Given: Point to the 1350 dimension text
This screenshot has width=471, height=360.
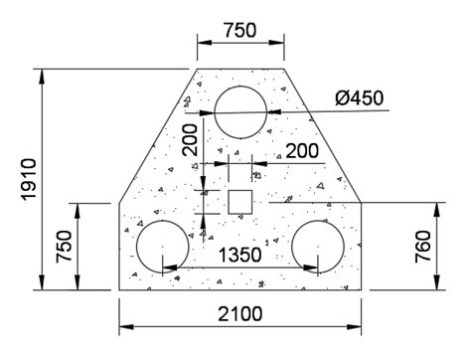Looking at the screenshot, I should (239, 255).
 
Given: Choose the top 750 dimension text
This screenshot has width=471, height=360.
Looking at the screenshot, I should (239, 30).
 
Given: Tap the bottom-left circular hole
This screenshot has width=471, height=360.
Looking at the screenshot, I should (162, 246).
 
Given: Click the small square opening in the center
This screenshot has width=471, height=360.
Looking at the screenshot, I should (239, 202).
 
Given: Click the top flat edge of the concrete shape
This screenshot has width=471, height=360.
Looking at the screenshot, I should (239, 70).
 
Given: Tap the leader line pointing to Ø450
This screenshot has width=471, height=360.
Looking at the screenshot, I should (308, 112).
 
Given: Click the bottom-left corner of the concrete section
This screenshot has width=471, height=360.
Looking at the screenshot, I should (120, 290).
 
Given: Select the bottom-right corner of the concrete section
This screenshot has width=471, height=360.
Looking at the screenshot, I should (360, 290).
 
